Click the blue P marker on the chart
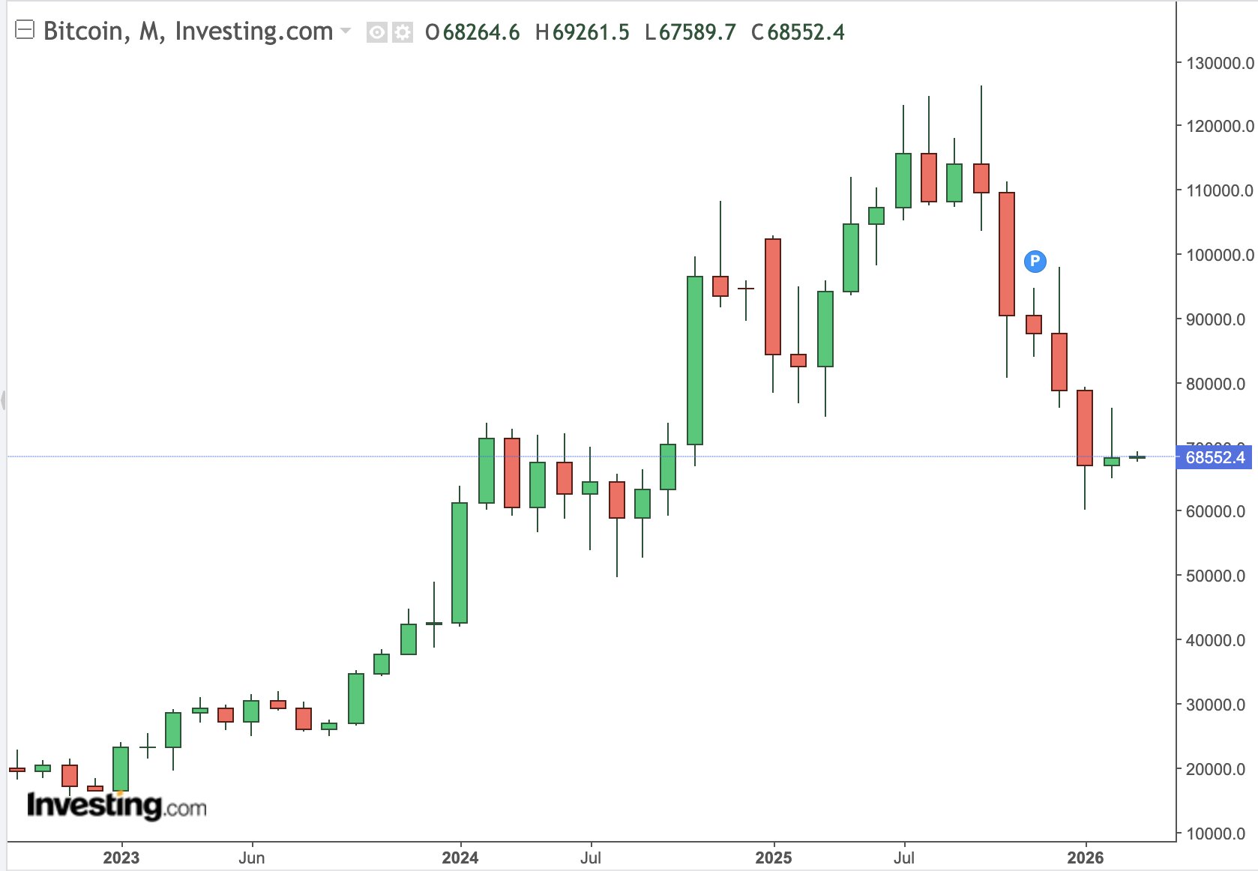click(x=1035, y=261)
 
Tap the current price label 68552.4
click(x=1215, y=457)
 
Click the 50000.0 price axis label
click(x=1215, y=576)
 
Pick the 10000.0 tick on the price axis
click(x=1215, y=834)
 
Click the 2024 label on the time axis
click(x=460, y=858)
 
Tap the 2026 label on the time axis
click(x=1085, y=858)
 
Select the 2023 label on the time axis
click(x=121, y=858)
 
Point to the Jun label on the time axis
click(x=251, y=858)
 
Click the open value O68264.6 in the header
click(x=472, y=32)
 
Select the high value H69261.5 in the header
click(x=583, y=32)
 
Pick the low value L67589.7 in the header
click(x=690, y=32)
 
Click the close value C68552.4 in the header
click(x=798, y=32)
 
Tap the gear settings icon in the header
click(x=403, y=32)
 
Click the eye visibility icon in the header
click(x=376, y=32)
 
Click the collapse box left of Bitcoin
click(x=25, y=30)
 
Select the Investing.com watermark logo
click(x=116, y=806)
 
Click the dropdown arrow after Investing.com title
click(x=346, y=31)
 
